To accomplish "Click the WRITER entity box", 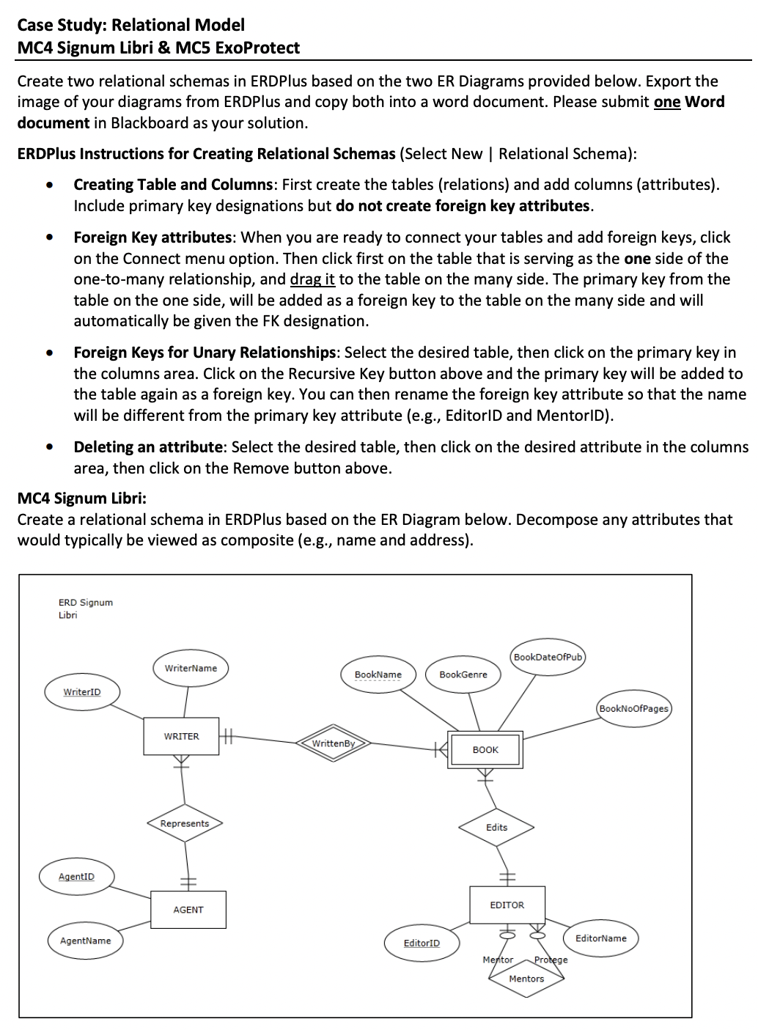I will click(x=181, y=736).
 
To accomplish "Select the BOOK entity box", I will click(x=485, y=749).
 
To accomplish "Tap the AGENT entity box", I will click(x=188, y=910).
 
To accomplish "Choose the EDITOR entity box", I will click(x=507, y=905).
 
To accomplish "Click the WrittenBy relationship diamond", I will click(x=333, y=743).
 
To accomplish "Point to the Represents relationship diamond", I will click(x=185, y=823).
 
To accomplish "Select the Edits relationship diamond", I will click(x=496, y=827).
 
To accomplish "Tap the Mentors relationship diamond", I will click(x=526, y=979).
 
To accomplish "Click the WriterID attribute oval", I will click(x=82, y=692).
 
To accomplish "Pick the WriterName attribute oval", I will click(x=191, y=668).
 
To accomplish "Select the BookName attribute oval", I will click(x=378, y=674).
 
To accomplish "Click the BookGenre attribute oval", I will click(x=463, y=674).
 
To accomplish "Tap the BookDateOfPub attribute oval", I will click(x=548, y=657).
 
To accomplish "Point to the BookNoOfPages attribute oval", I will click(x=634, y=708).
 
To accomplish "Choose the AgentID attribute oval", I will click(x=76, y=877).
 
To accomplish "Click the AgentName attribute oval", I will click(x=86, y=941).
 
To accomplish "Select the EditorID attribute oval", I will click(x=422, y=943).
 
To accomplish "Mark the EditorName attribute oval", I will click(x=601, y=938).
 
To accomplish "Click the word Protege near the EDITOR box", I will click(x=551, y=960).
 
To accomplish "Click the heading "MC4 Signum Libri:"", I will click(x=82, y=499).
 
